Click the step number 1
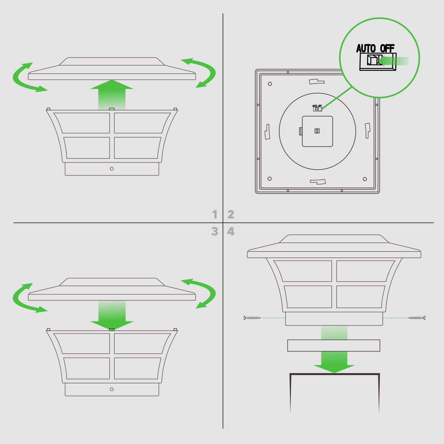(x=215, y=214)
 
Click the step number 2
(x=231, y=214)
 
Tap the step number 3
(x=215, y=231)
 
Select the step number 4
(x=231, y=231)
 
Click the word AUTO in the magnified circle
(x=366, y=49)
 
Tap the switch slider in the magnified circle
(x=372, y=60)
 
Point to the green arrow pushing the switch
(x=394, y=61)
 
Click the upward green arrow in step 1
(x=112, y=95)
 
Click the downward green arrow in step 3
(x=112, y=316)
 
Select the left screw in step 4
(x=252, y=318)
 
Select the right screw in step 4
(x=417, y=318)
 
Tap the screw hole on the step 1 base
(x=112, y=169)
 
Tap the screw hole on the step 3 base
(x=112, y=389)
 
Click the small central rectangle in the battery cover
(x=317, y=131)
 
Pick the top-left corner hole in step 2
(x=270, y=84)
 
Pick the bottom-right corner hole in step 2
(x=365, y=179)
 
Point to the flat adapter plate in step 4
(x=334, y=345)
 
